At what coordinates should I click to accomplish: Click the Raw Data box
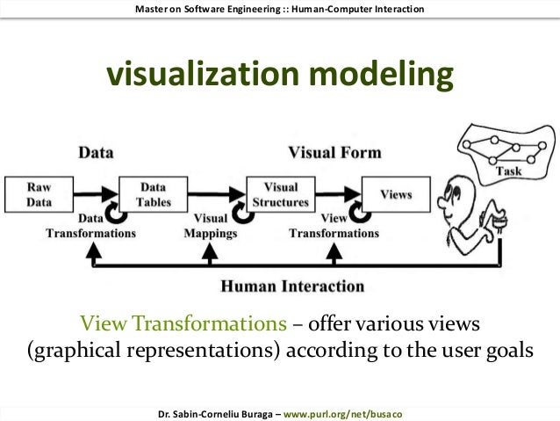[x=39, y=193]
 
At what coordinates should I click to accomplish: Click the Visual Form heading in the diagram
[x=334, y=152]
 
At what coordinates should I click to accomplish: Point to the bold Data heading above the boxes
[x=95, y=152]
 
